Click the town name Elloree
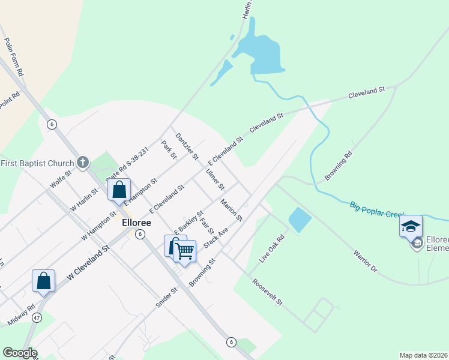pos(136,222)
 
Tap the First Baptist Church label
pos(37,163)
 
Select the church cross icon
pos(83,163)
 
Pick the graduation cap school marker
pos(411,226)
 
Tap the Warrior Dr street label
pos(365,262)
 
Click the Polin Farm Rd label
pos(14,56)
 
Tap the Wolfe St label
pos(61,179)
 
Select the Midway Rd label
pos(21,316)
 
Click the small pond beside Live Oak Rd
pos(300,220)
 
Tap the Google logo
pos(19,353)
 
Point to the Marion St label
pos(231,209)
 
